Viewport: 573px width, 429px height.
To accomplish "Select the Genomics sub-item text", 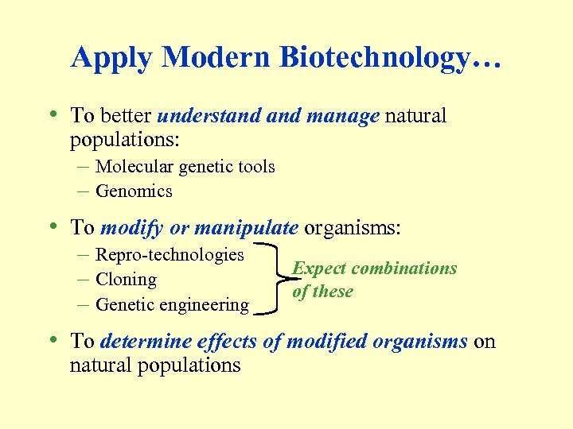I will coord(134,191).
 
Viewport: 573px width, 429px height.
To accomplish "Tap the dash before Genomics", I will coord(84,191).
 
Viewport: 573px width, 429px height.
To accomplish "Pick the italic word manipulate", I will coord(245,228).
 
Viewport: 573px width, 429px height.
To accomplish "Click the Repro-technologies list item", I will coord(170,255).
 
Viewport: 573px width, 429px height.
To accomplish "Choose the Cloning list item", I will coord(126,280).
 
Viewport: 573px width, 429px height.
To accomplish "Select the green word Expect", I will coord(319,269).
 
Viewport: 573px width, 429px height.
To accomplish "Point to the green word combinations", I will coord(404,269).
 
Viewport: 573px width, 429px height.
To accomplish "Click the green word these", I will coord(333,292).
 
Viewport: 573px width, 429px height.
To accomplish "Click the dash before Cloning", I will coord(84,280).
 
